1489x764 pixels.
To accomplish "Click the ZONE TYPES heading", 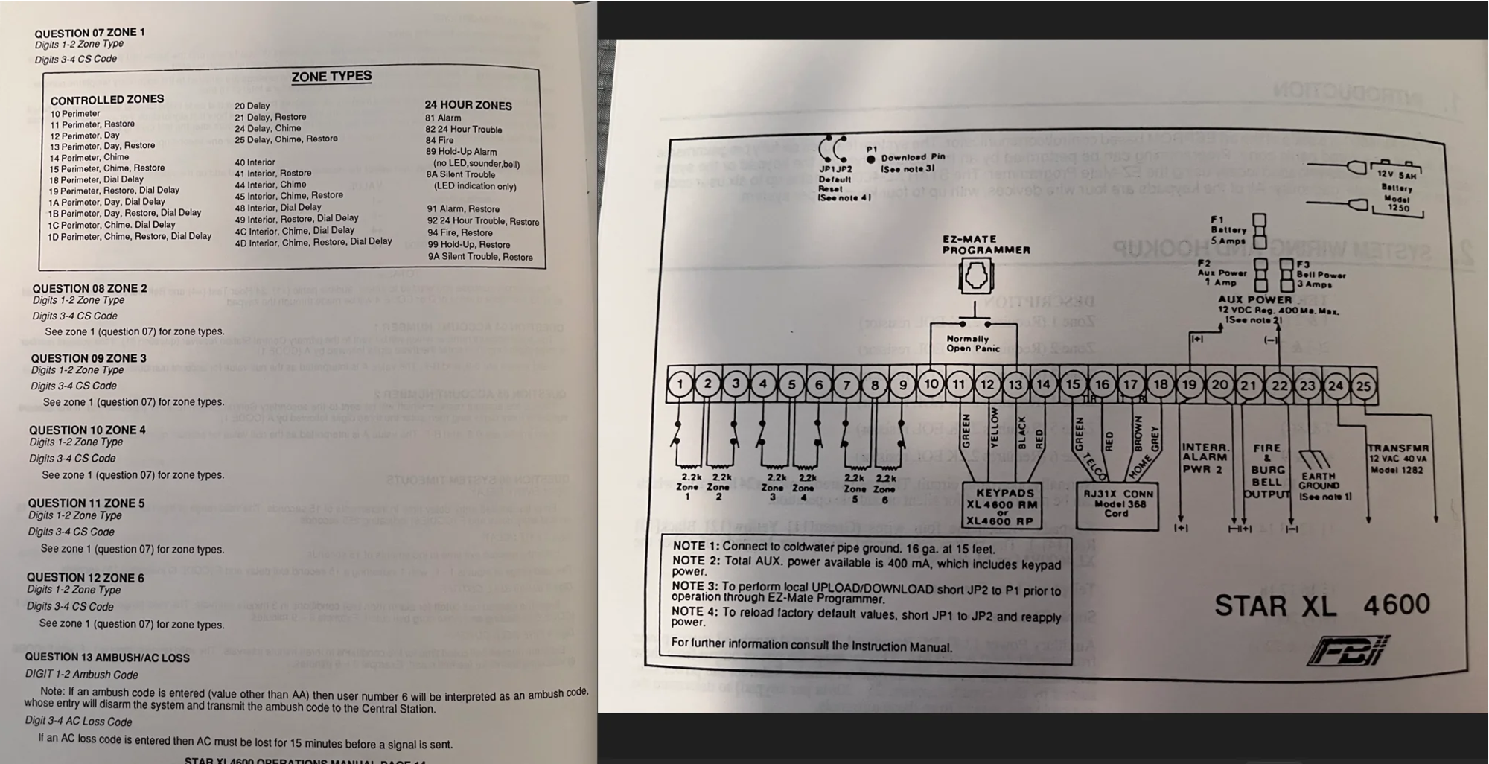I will click(331, 76).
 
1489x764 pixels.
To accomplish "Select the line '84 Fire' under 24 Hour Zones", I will click(439, 140).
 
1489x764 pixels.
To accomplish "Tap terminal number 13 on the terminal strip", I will click(1015, 385).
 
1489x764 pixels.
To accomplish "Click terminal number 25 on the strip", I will click(1363, 386).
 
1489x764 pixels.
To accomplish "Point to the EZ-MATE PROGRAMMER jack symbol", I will click(975, 277).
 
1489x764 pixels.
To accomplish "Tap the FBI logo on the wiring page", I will click(1348, 650).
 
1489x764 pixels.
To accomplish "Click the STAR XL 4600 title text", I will click(1321, 605).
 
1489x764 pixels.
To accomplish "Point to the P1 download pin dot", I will click(871, 159).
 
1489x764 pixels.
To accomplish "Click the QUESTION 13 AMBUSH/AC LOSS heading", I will click(107, 658).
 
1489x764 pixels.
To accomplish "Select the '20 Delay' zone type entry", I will click(252, 106).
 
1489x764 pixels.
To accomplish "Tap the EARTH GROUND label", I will click(1319, 481).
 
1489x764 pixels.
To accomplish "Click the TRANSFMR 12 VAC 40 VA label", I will click(1397, 459).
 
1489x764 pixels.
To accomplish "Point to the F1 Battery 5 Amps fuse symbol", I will click(1259, 231).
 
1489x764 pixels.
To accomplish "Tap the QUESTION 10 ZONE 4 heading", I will click(87, 430).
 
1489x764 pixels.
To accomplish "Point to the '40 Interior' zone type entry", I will click(255, 162).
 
